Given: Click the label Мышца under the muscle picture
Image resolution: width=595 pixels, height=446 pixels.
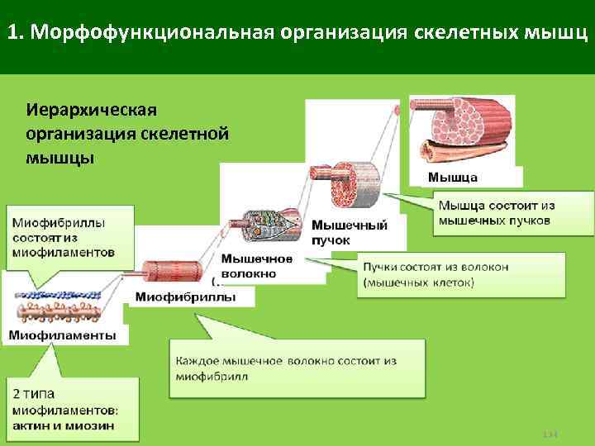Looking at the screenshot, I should (x=452, y=178).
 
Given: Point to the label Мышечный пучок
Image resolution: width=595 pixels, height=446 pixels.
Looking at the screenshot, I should (x=349, y=232).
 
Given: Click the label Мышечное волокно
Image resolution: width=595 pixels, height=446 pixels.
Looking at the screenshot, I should (x=256, y=265).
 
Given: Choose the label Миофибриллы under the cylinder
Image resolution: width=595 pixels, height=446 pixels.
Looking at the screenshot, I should (x=184, y=297).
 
